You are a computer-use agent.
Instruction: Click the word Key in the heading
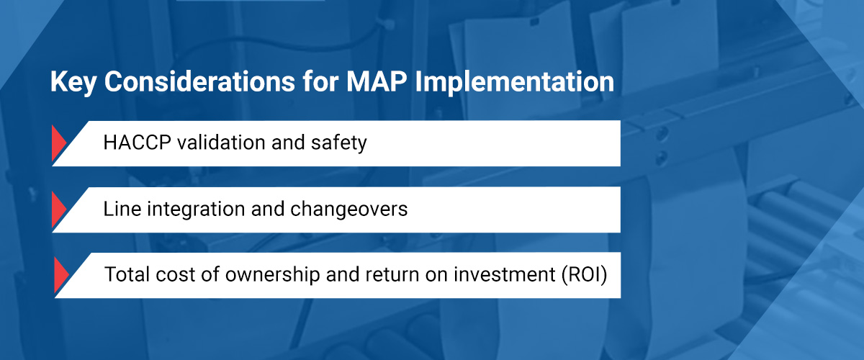tap(73, 82)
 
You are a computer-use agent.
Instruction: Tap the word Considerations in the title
tap(200, 81)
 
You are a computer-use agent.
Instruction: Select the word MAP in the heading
tap(377, 81)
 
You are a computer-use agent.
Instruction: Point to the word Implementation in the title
tap(515, 82)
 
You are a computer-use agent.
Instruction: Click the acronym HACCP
tap(137, 143)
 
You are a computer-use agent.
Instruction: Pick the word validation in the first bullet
tap(222, 143)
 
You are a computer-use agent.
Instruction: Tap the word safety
tap(338, 143)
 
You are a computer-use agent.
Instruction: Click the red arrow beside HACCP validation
tap(58, 143)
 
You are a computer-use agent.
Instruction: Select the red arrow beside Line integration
tap(58, 209)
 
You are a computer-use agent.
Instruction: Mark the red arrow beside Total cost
tap(61, 275)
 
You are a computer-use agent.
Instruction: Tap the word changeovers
tap(348, 210)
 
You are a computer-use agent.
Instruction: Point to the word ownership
tap(272, 275)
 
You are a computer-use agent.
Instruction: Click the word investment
tap(505, 275)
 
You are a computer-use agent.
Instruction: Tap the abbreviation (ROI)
tap(585, 275)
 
